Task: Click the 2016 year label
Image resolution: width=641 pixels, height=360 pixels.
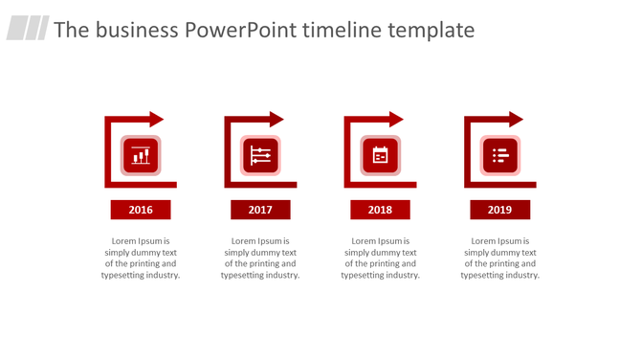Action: coord(141,210)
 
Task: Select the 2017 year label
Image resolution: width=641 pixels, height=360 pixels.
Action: coord(260,210)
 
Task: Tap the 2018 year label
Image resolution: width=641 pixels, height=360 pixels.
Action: coord(380,210)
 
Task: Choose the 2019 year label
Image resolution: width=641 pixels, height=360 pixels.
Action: coord(499,210)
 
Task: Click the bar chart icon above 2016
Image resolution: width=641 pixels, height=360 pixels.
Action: coord(141,155)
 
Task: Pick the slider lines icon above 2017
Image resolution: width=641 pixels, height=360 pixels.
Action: coord(260,155)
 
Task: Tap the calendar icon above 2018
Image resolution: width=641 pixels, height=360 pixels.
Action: coord(380,155)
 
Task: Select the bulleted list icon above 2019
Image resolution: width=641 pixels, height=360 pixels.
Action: coord(499,155)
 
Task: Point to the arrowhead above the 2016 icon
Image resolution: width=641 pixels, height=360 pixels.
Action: coord(156,120)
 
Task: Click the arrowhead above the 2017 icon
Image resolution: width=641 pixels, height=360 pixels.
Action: coord(276,120)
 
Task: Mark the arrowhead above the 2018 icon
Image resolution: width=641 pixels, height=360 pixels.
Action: coord(395,120)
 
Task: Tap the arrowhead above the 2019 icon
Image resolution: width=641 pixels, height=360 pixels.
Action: coord(515,120)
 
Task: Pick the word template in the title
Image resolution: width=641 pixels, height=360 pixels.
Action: coord(431,31)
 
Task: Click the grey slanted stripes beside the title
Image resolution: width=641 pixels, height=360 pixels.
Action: coord(28,29)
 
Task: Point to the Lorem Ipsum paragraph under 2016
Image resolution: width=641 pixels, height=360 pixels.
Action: coord(141,259)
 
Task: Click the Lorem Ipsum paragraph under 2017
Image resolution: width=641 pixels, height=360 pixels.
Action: coord(260,259)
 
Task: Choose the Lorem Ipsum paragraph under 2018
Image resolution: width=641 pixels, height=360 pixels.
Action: coord(380,259)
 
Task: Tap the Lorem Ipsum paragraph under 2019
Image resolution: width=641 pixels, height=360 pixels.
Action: coord(499,259)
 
